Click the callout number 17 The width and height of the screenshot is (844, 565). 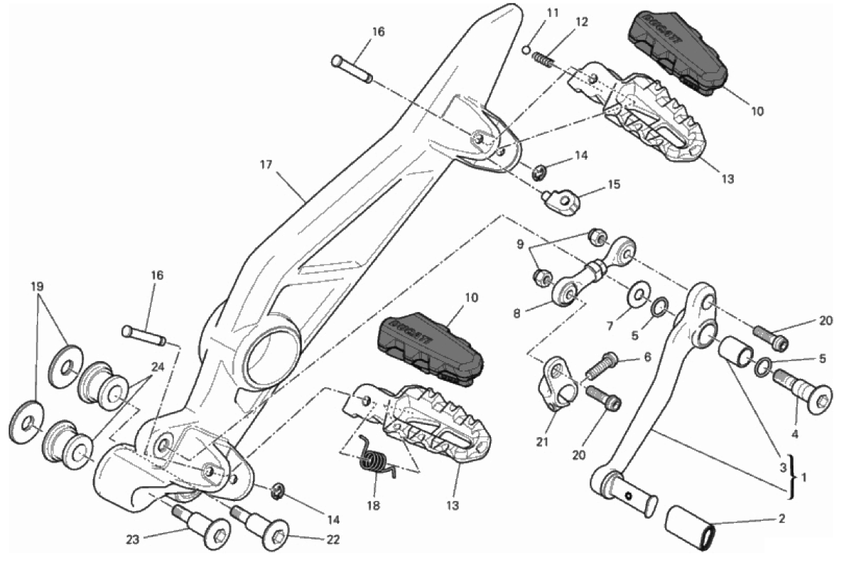pos(266,164)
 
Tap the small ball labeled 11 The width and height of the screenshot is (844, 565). pos(526,49)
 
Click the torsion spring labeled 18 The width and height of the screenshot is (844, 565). pos(377,461)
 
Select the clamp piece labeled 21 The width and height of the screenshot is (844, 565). pos(556,384)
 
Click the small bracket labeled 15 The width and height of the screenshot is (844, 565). pos(562,201)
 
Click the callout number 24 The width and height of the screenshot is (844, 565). pos(157,367)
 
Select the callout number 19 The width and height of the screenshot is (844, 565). pos(37,287)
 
